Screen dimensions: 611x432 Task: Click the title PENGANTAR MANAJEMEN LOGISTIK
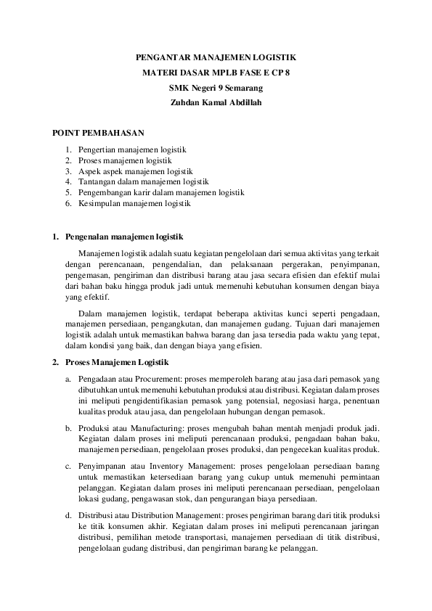(x=216, y=57)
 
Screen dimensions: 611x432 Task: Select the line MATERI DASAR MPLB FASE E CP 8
(x=216, y=73)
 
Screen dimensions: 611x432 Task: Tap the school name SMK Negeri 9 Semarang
(x=216, y=88)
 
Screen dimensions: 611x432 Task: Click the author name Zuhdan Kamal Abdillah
(x=216, y=103)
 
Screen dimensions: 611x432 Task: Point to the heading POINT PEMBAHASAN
(x=99, y=134)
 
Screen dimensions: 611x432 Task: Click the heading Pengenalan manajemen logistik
(x=124, y=237)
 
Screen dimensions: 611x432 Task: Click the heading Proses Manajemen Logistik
(x=117, y=361)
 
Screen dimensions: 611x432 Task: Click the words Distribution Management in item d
(x=177, y=515)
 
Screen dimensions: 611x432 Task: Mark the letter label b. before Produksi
(x=68, y=430)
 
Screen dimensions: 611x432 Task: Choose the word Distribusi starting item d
(x=96, y=515)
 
